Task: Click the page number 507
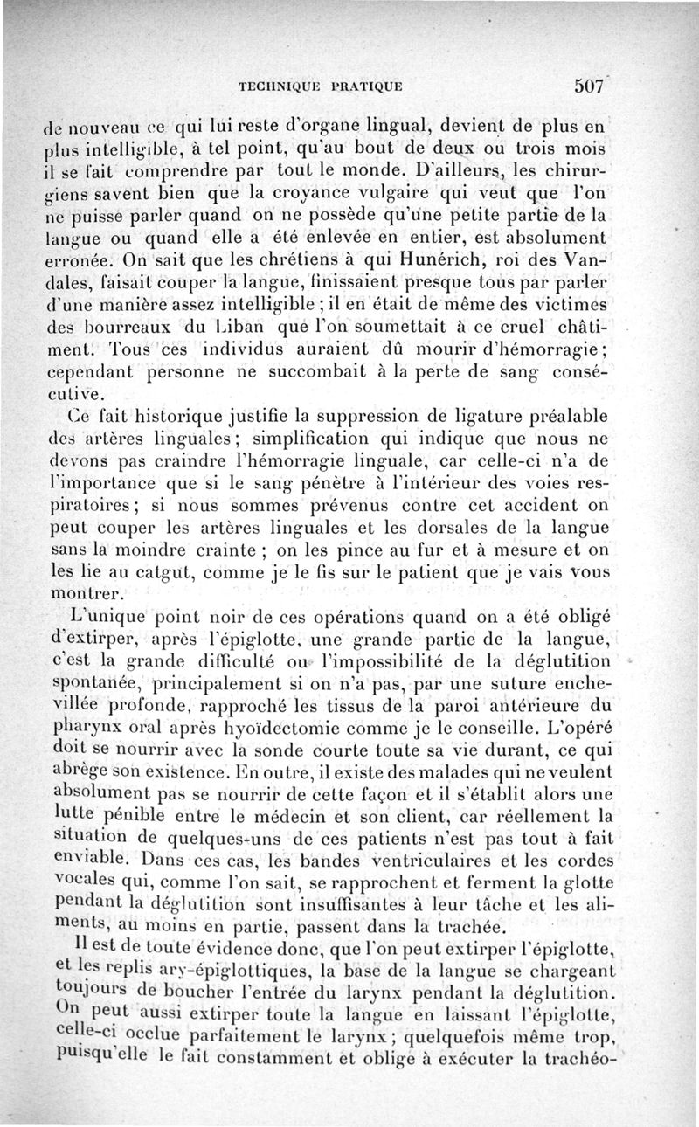click(x=591, y=86)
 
